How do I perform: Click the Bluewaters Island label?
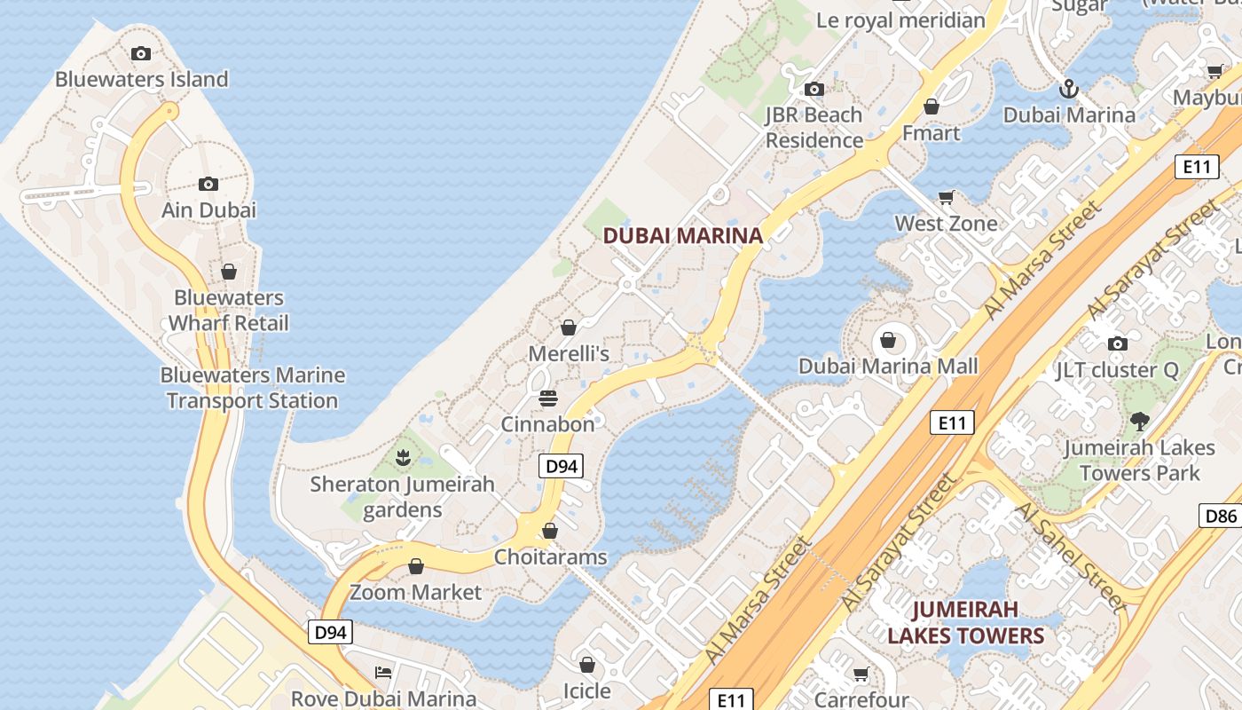pyautogui.click(x=142, y=79)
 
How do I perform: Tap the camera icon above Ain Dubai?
pyautogui.click(x=208, y=184)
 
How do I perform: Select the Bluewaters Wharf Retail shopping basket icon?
pyautogui.click(x=229, y=271)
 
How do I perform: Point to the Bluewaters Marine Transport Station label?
pyautogui.click(x=253, y=388)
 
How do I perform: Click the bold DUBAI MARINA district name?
pyautogui.click(x=683, y=235)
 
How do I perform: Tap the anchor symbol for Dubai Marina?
pyautogui.click(x=1069, y=89)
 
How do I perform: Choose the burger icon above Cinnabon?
pyautogui.click(x=548, y=397)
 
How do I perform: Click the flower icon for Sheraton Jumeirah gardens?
pyautogui.click(x=404, y=458)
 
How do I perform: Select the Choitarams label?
pyautogui.click(x=550, y=557)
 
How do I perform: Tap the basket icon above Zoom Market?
pyautogui.click(x=416, y=566)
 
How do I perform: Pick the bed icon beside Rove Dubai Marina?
pyautogui.click(x=383, y=672)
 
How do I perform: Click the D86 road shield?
pyautogui.click(x=1220, y=516)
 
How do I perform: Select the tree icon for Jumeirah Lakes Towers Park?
pyautogui.click(x=1139, y=422)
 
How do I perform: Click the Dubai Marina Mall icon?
pyautogui.click(x=887, y=340)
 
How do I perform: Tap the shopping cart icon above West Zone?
pyautogui.click(x=947, y=197)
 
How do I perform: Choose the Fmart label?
pyautogui.click(x=931, y=133)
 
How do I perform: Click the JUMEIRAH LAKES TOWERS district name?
pyautogui.click(x=965, y=622)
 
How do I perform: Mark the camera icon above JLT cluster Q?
pyautogui.click(x=1118, y=343)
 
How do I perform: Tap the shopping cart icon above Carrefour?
pyautogui.click(x=861, y=674)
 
